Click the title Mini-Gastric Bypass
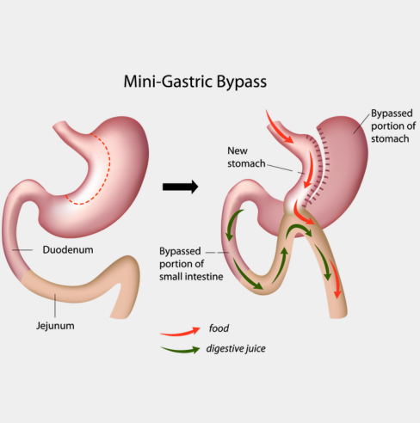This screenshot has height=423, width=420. [x=195, y=82]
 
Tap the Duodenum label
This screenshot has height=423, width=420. [x=68, y=250]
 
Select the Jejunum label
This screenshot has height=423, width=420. [x=55, y=326]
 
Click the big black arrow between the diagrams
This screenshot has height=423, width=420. [x=180, y=187]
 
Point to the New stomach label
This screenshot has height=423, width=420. [x=246, y=157]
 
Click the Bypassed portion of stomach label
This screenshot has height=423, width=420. [x=393, y=126]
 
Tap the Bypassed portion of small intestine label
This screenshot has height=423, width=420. [x=191, y=264]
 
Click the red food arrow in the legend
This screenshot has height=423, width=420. [x=180, y=332]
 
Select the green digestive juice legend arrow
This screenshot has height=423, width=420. [x=180, y=350]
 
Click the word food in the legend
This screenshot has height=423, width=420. [x=219, y=328]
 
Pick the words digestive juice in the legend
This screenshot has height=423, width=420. [x=236, y=349]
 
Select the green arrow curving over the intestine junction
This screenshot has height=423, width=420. [x=299, y=229]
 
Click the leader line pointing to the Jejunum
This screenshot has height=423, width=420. [x=55, y=305]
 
